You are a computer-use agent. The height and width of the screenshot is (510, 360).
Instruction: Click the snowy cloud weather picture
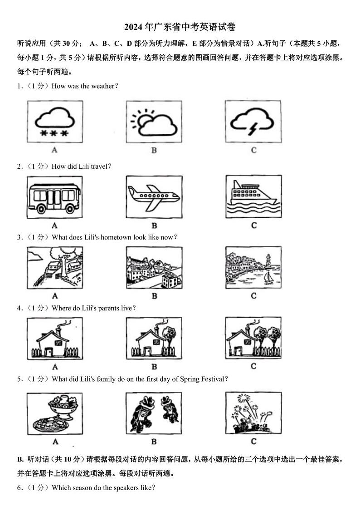55,122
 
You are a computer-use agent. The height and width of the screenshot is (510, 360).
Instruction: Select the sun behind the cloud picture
154,122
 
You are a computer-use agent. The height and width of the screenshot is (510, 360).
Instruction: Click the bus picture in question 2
54,197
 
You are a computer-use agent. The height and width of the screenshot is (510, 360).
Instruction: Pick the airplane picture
154,197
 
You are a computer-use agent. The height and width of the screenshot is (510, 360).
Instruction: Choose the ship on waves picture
253,197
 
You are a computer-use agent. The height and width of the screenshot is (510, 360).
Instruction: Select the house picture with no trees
55,338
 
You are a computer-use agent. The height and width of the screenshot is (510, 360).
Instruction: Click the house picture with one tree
154,338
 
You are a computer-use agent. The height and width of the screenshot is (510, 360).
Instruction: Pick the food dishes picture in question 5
55,414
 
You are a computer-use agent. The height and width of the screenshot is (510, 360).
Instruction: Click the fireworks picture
253,413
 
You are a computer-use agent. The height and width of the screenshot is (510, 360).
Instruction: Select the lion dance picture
154,413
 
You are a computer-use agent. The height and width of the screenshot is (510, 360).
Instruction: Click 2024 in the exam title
133,27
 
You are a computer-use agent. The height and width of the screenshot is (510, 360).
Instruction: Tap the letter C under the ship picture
254,225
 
